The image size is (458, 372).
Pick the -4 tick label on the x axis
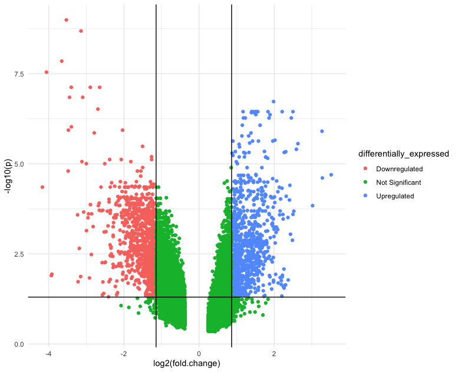click(x=48, y=354)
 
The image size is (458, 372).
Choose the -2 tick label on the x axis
click(x=123, y=354)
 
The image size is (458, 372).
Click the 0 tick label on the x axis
click(x=199, y=354)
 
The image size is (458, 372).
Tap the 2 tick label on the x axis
click(x=274, y=354)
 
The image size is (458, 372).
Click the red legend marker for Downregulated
click(x=367, y=169)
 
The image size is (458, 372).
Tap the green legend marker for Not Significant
click(x=367, y=182)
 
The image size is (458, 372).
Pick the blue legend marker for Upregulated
click(x=367, y=196)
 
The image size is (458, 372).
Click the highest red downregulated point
click(x=66, y=20)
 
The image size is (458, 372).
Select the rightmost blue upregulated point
click(x=331, y=175)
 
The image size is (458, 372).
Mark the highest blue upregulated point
click(x=274, y=102)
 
